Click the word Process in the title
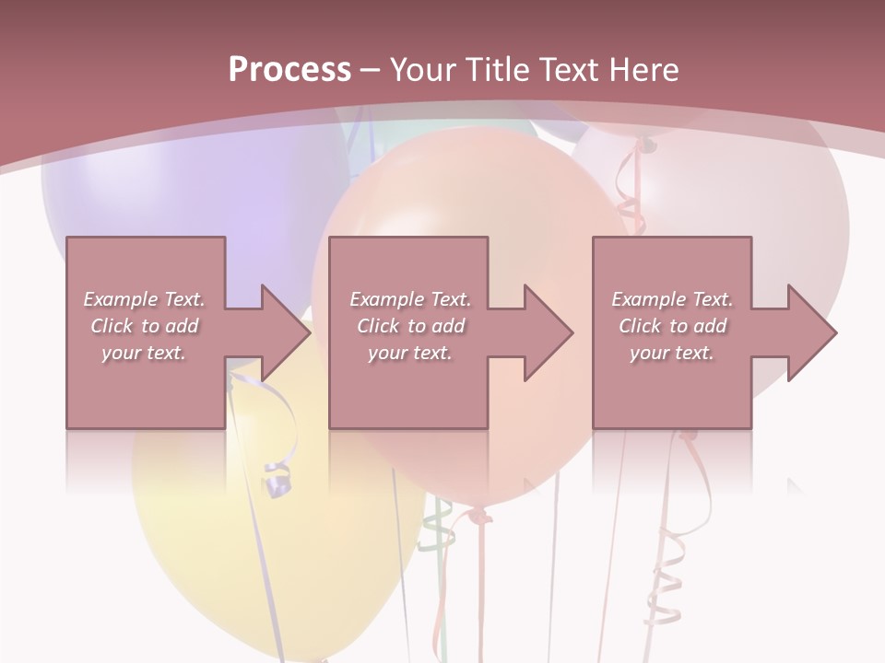pos(289,70)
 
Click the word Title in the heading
pos(495,70)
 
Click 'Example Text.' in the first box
pos(144,299)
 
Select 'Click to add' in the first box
pos(144,326)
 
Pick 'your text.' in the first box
pos(144,353)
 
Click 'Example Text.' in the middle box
pos(409,299)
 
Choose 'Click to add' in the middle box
pos(409,326)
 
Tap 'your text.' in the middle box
pos(409,353)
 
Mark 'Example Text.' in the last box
pos(672,299)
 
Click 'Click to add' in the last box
pos(672,326)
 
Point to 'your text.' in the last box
pos(672,353)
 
